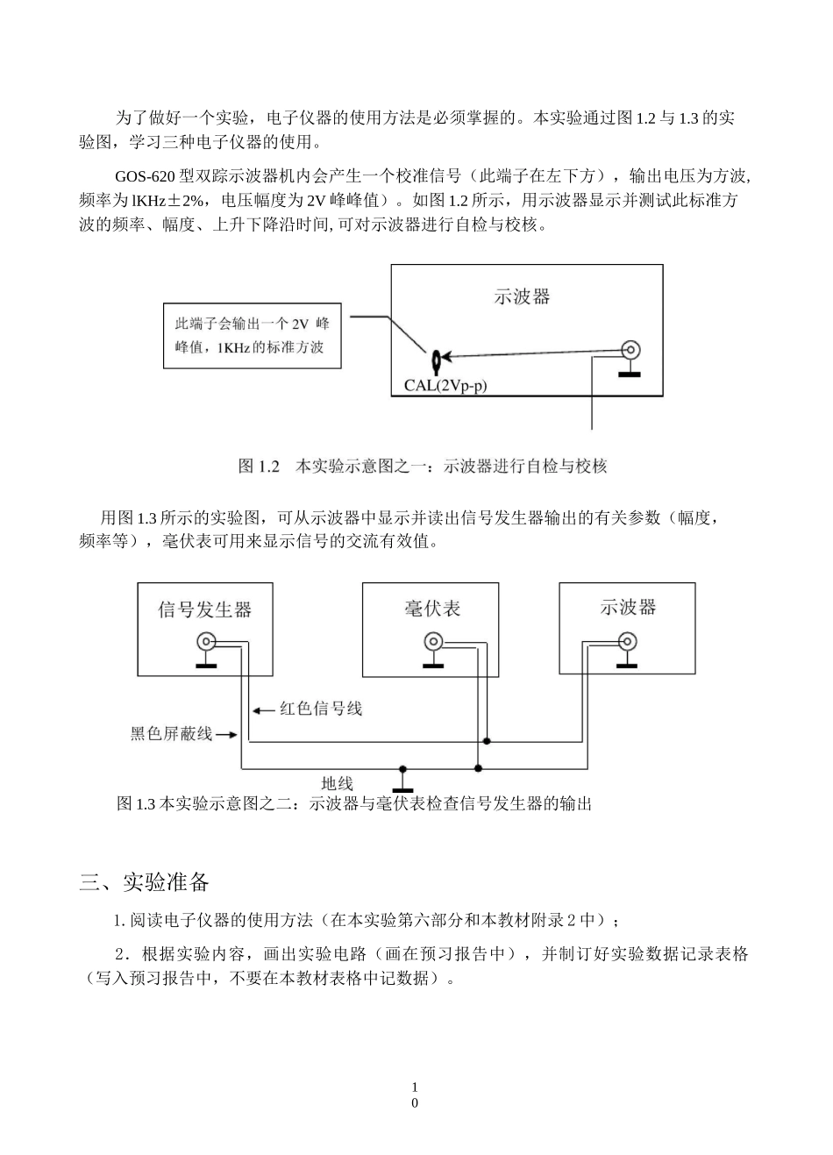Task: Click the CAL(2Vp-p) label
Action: point(445,384)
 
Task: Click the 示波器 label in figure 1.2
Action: point(523,296)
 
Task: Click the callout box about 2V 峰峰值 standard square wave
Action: point(252,335)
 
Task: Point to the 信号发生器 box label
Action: point(204,609)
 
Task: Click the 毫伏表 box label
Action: point(432,608)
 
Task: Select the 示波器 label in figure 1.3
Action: point(628,607)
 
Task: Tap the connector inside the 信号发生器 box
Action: point(206,641)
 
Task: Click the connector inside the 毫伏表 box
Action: point(432,641)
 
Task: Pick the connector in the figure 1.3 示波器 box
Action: point(627,640)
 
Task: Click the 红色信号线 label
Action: point(321,708)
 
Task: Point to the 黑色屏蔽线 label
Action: point(171,734)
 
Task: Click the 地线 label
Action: point(338,783)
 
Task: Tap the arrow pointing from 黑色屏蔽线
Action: point(226,735)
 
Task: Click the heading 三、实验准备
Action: point(145,881)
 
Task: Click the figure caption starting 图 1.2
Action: point(423,466)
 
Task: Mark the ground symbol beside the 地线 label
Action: point(402,777)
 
